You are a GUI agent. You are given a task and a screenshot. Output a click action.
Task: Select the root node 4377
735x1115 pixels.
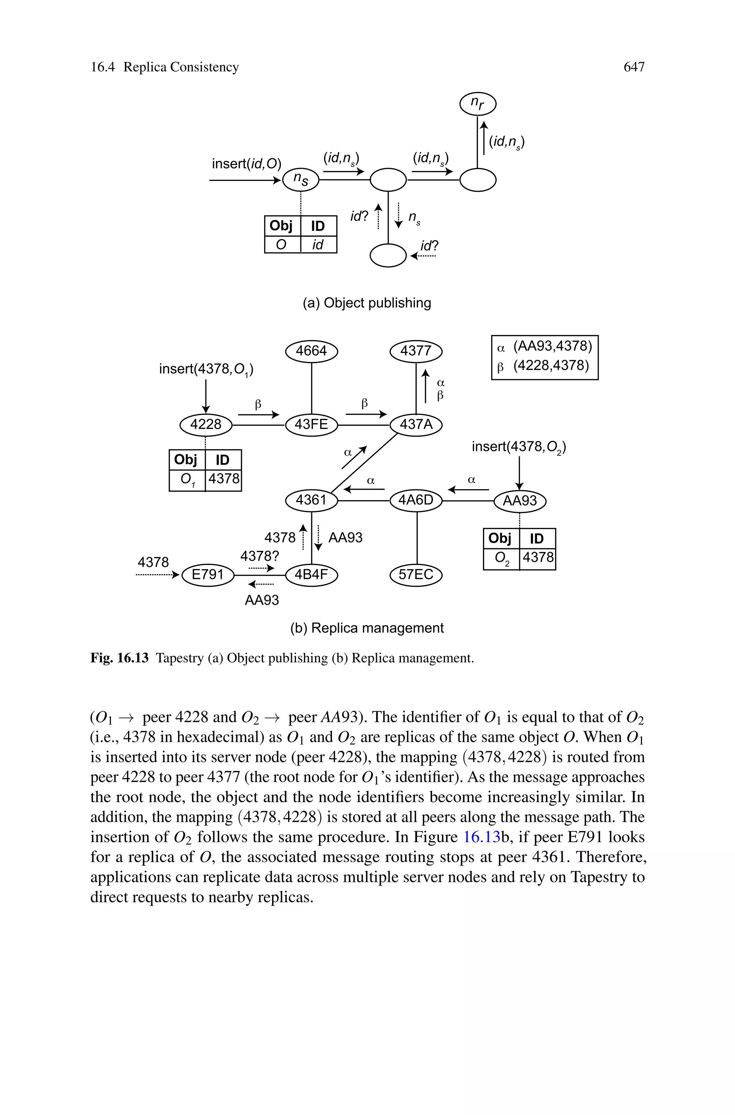click(x=416, y=351)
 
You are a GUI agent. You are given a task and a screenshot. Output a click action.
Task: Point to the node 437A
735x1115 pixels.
click(x=416, y=425)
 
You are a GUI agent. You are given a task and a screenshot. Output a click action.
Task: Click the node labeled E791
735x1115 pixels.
click(x=208, y=575)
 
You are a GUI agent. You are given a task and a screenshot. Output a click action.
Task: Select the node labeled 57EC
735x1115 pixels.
click(x=416, y=575)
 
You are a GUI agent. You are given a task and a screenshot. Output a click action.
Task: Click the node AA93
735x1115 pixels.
click(x=519, y=501)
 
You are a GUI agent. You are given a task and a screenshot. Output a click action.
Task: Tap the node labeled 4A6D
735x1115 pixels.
click(x=416, y=501)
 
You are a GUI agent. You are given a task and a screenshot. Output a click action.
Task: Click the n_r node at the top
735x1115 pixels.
click(x=477, y=104)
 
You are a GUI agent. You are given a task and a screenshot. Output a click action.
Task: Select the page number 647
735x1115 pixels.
click(x=634, y=68)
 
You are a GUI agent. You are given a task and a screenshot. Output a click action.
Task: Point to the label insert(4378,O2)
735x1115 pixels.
click(x=519, y=447)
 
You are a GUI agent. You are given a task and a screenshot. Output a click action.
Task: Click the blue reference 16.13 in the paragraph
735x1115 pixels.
click(x=481, y=837)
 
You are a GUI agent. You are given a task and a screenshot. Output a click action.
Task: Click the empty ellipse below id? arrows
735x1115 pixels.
click(x=388, y=256)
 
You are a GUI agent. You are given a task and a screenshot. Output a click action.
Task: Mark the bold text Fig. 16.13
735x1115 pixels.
click(x=120, y=658)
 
